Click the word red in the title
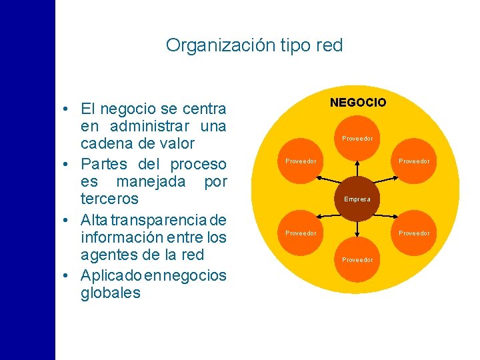[x=330, y=45]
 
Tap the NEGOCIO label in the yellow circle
[x=358, y=102]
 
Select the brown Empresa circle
[x=358, y=199]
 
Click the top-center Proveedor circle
[x=358, y=139]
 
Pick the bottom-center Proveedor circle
[x=358, y=259]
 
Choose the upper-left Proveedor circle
[x=301, y=161]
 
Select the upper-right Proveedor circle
[x=414, y=161]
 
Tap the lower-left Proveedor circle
[x=301, y=233]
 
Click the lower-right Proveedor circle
[x=414, y=233]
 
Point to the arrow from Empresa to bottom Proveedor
[x=358, y=229]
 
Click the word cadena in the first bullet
[x=103, y=143]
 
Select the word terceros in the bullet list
[x=109, y=199]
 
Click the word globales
[x=110, y=293]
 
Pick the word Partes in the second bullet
[x=105, y=163]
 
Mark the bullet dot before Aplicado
[x=69, y=275]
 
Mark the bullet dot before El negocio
[x=69, y=109]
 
